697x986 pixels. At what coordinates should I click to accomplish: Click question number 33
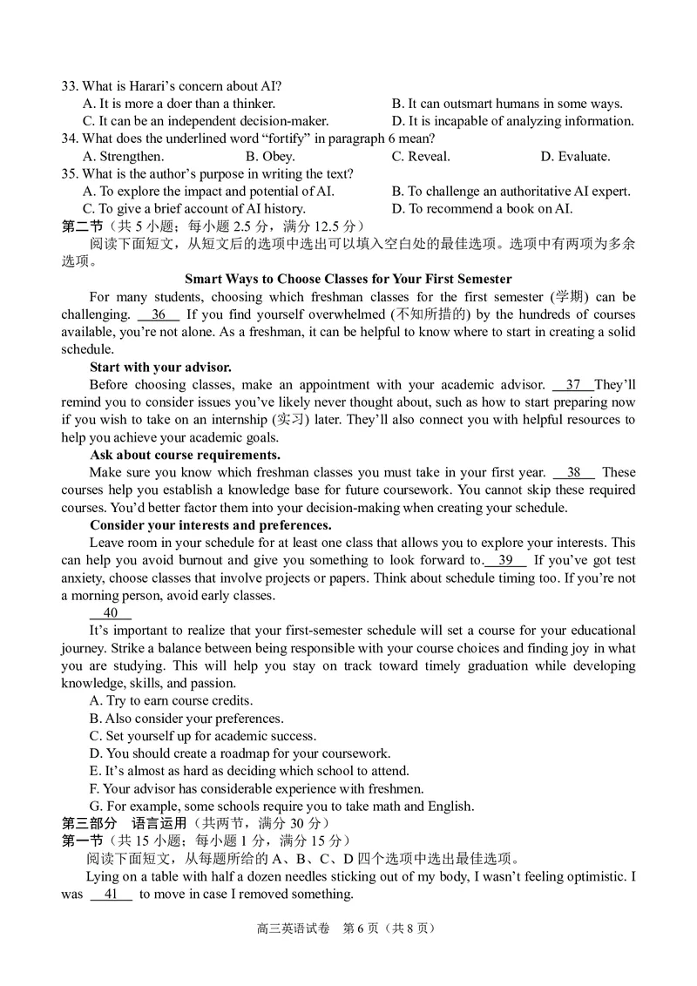coord(70,85)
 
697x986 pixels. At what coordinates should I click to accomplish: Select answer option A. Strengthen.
coord(123,157)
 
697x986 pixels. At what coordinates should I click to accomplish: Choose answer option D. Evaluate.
coord(575,157)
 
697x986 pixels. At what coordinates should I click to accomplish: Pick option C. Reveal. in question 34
coord(421,157)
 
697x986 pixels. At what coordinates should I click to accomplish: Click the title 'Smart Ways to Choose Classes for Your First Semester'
coord(348,279)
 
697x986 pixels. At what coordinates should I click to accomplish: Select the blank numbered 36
coord(158,314)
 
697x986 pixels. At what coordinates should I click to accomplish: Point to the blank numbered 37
coord(572,385)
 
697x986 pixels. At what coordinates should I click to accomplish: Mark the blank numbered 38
coord(573,473)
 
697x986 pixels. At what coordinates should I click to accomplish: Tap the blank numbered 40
coord(110,613)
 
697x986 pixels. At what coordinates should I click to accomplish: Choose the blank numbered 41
coord(111,895)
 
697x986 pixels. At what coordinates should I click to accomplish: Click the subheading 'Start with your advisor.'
coord(160,367)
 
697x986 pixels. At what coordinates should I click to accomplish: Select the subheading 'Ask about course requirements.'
coord(185,455)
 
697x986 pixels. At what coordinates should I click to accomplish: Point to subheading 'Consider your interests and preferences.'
coord(210,525)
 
